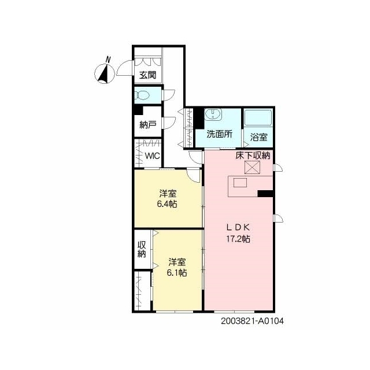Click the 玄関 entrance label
148,75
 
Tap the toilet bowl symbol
142,95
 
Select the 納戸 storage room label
148,124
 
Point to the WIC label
152,156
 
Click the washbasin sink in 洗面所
213,114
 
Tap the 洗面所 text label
220,134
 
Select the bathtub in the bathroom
258,117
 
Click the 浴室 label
258,137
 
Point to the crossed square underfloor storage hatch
252,167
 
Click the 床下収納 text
253,156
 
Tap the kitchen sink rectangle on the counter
240,183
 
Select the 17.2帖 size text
238,239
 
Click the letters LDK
238,227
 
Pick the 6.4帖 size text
167,203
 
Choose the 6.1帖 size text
177,272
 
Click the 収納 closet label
142,249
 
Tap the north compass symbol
105,74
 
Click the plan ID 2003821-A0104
252,321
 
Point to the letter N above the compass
108,60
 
